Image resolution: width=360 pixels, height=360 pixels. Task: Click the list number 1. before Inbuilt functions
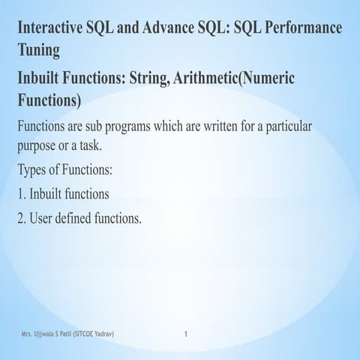22,193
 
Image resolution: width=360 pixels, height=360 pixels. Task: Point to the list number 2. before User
22,218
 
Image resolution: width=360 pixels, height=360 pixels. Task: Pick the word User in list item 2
44,218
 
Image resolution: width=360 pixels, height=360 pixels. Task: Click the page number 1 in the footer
186,332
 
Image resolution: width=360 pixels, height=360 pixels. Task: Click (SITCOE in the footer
91,332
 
